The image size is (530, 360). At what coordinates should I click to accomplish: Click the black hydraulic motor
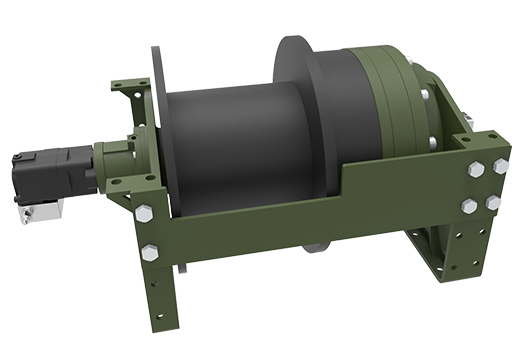point(54,175)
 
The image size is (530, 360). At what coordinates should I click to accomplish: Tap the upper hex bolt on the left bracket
point(143,214)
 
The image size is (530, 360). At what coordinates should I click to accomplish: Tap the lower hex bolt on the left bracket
point(151,253)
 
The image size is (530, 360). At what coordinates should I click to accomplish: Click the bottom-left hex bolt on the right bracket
point(469,206)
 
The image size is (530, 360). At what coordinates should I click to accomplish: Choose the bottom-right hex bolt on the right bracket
point(492,202)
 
